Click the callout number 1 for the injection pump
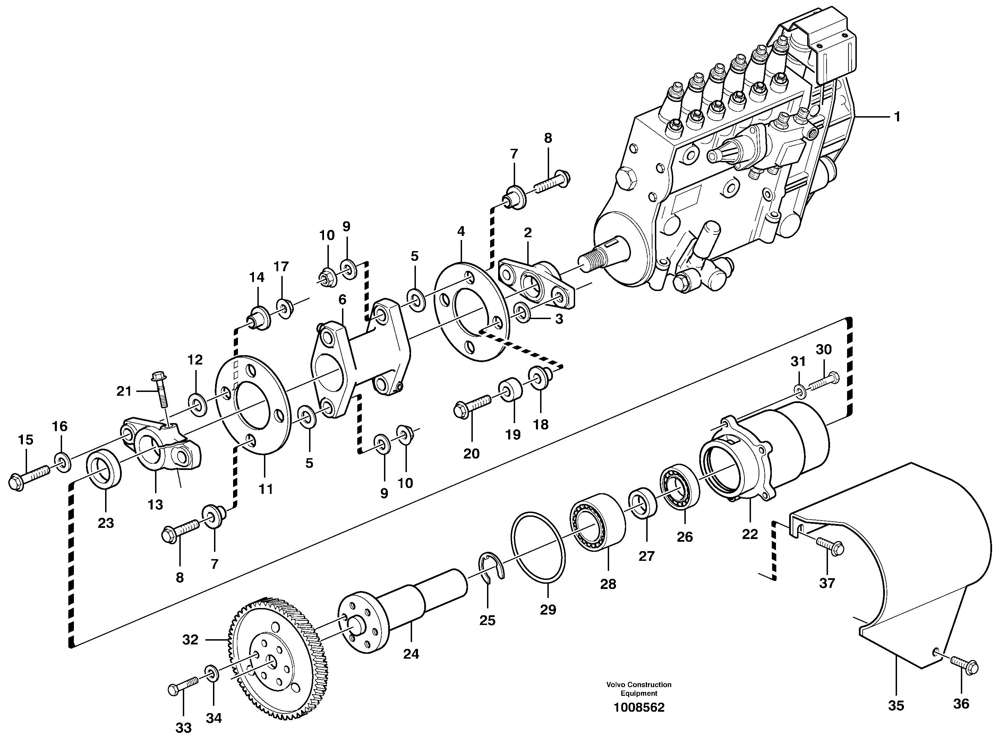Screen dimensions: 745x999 click(x=897, y=117)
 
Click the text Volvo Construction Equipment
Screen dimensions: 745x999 click(x=639, y=688)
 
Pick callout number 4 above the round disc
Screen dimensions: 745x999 click(x=461, y=231)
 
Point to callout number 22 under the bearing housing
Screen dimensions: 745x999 click(x=750, y=534)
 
